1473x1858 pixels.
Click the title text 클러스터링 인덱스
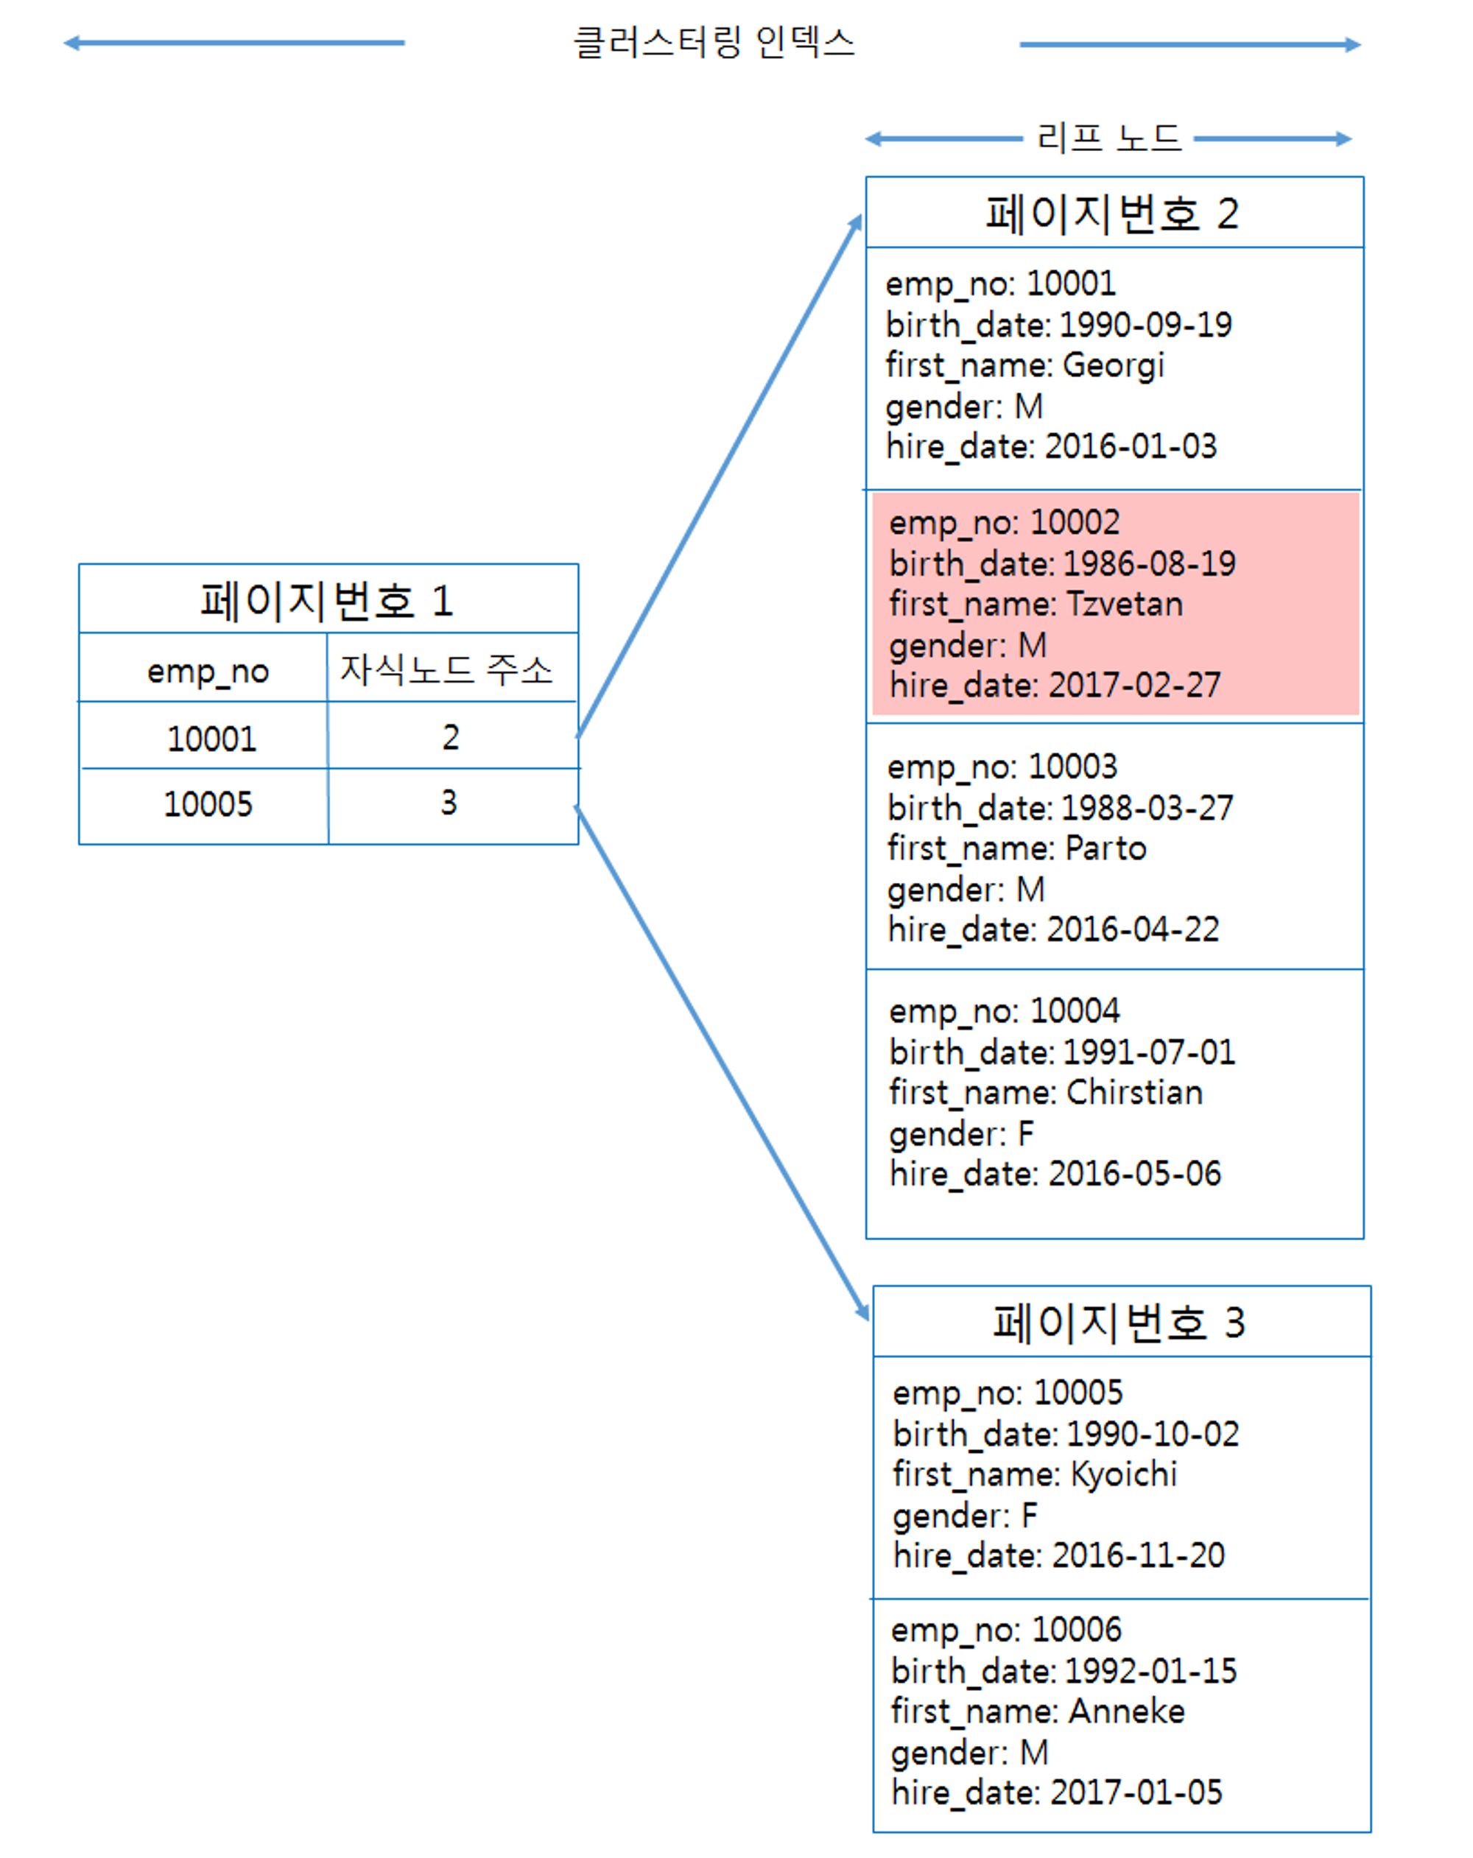tap(714, 42)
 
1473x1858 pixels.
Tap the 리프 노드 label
tap(1108, 138)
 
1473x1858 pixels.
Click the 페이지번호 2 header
tap(1114, 213)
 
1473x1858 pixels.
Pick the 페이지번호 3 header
tap(1120, 1322)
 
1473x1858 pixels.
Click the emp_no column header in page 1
tap(208, 670)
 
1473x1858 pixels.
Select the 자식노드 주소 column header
tap(446, 669)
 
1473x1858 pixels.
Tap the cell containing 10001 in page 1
tap(211, 739)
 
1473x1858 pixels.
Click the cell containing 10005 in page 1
tap(208, 804)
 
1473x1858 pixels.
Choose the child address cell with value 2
tap(451, 737)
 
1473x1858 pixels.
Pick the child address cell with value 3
tap(449, 802)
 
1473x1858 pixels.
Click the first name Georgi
tap(1114, 365)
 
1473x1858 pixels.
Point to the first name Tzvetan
tap(1125, 604)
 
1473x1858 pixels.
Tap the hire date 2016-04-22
tap(1133, 929)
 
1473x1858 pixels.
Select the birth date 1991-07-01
tap(1149, 1052)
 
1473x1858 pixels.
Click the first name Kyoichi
tap(1124, 1474)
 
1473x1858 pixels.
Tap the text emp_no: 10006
tap(1006, 1630)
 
